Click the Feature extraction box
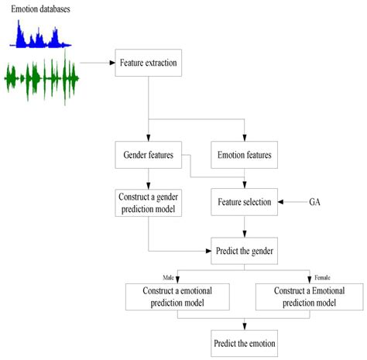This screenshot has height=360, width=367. coord(148,62)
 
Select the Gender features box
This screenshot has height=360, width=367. coord(147,154)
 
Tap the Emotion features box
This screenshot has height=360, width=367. coord(245,154)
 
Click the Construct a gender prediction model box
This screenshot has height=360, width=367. coord(147,202)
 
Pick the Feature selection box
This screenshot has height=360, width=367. coord(245,202)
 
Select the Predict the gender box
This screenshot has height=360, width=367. coord(245,251)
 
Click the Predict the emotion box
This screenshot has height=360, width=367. coord(245,341)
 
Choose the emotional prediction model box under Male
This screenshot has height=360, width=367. coord(178,297)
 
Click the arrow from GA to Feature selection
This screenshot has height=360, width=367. coord(295,202)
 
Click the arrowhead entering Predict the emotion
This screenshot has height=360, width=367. coord(245,324)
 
